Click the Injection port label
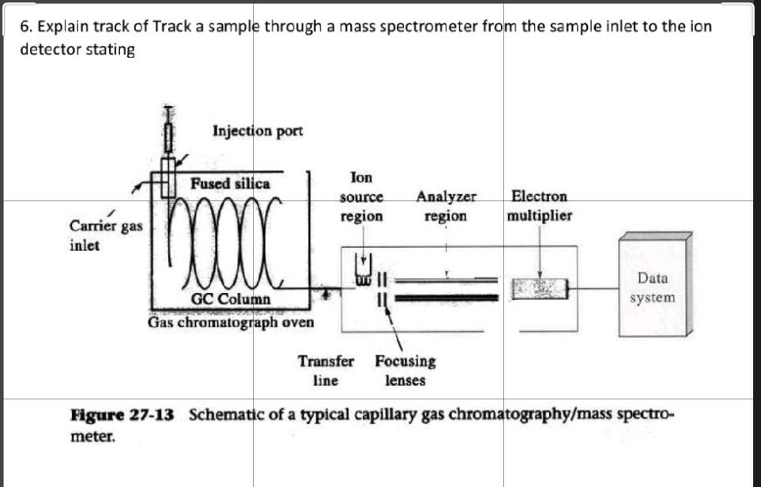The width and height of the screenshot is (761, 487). [x=258, y=130]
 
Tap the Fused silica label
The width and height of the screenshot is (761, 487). [x=230, y=183]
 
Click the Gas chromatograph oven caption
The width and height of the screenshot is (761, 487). [x=231, y=322]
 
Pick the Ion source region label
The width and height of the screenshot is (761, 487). [x=361, y=197]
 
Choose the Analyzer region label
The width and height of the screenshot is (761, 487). [x=446, y=206]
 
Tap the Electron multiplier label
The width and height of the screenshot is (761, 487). [x=540, y=205]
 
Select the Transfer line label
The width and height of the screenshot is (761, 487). [x=326, y=370]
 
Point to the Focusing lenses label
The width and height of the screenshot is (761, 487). [x=405, y=370]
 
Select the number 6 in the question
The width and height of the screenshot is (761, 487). [x=24, y=26]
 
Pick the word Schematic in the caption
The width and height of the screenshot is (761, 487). [x=223, y=415]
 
